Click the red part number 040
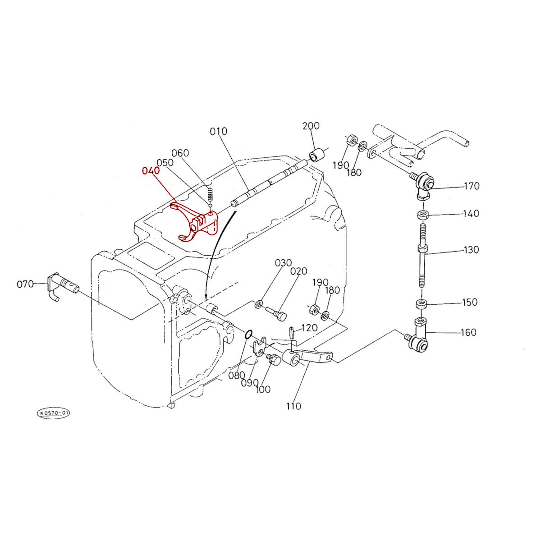click(x=150, y=171)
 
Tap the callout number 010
click(x=219, y=132)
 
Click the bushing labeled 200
click(x=316, y=154)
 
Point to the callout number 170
click(x=471, y=186)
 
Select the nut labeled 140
click(x=423, y=215)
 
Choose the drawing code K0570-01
click(x=53, y=413)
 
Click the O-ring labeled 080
click(x=248, y=335)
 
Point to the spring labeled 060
click(x=210, y=194)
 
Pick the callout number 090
click(x=249, y=383)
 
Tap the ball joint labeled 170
click(x=423, y=184)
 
